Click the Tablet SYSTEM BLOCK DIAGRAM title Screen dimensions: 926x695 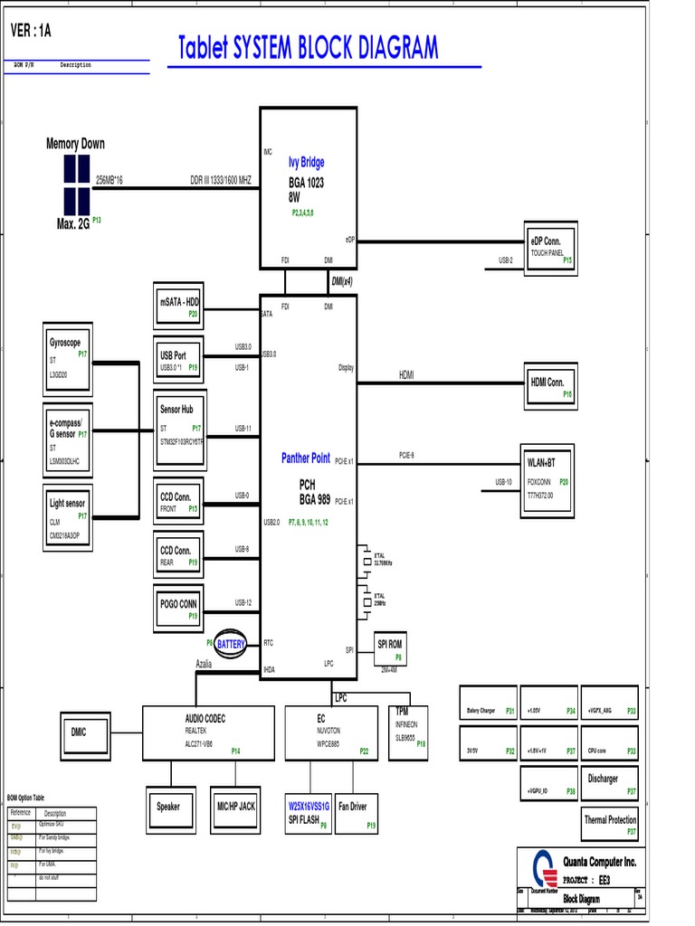tap(308, 48)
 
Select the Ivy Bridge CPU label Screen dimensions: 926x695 tap(306, 163)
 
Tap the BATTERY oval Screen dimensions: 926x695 tap(231, 644)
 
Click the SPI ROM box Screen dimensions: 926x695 tap(389, 648)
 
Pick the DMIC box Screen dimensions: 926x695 tap(84, 732)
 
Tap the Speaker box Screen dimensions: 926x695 tap(168, 808)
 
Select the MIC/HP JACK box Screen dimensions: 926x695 tap(235, 808)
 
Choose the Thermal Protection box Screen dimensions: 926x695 tap(610, 824)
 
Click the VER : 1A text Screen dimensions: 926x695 tap(31, 31)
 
